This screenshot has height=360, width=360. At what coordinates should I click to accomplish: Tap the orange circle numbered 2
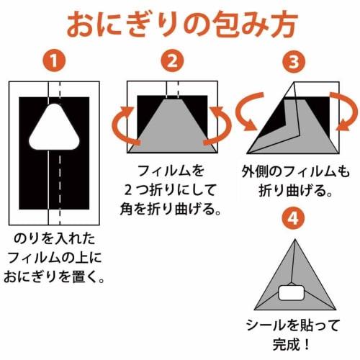point(171,62)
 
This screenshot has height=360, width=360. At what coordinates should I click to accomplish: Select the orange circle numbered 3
point(292,62)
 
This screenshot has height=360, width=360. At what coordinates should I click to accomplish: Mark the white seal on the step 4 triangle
point(292,293)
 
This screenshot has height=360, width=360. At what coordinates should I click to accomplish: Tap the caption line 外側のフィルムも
point(292,175)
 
